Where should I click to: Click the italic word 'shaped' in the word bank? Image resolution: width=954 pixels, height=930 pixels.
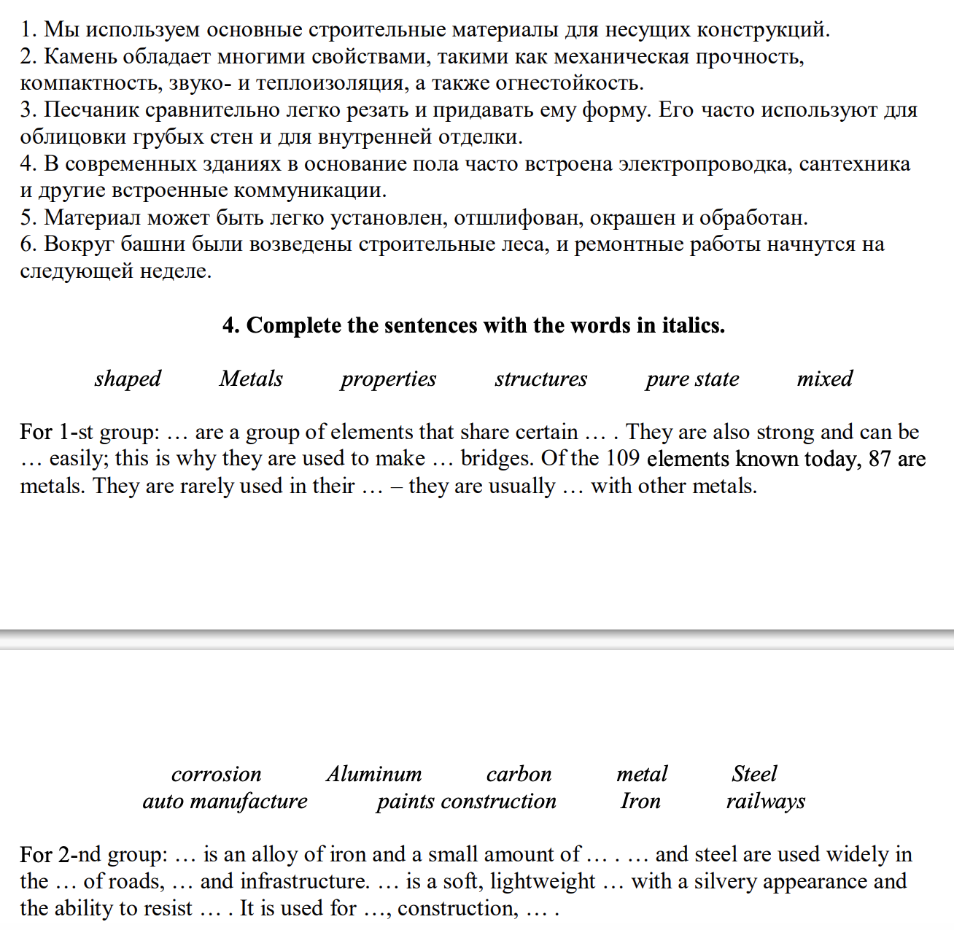128,379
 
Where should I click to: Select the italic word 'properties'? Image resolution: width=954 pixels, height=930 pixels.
388,379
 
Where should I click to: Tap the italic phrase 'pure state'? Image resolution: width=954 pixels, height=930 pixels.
692,379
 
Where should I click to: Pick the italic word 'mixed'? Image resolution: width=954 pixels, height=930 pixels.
824,379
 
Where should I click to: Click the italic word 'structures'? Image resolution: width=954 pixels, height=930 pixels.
540,379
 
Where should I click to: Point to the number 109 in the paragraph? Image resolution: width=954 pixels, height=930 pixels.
622,459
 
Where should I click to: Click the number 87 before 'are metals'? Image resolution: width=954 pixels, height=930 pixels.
880,459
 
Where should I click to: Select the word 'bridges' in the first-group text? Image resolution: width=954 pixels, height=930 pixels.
498,459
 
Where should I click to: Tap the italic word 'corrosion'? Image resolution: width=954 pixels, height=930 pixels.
216,774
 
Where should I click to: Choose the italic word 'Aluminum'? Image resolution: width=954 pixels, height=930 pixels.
373,774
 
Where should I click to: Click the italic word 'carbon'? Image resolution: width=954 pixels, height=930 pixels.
519,774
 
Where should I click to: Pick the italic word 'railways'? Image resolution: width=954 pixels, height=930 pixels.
765,801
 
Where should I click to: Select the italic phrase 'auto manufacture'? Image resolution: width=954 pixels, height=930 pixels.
225,801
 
